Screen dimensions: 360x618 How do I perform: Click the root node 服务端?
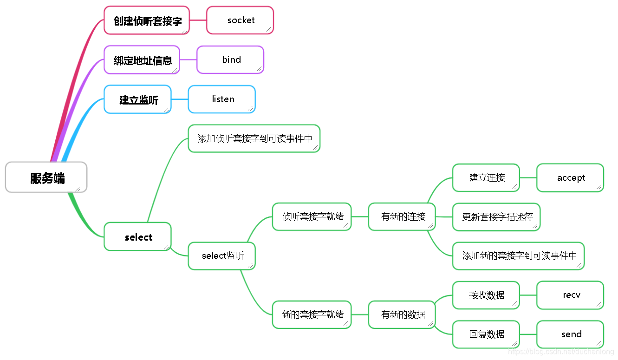pos(46,177)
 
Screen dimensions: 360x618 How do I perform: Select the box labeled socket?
pos(240,20)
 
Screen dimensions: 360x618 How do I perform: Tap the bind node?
pos(230,60)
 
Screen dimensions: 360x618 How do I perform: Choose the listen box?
pos(222,99)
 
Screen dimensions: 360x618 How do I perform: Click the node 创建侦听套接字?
pos(147,20)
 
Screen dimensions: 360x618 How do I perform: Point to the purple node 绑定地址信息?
pos(142,60)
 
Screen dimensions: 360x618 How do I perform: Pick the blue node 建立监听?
pos(138,99)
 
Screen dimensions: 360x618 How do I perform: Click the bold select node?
pos(138,237)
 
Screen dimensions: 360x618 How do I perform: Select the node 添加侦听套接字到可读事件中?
pos(254,138)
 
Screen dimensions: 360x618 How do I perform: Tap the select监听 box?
pos(222,256)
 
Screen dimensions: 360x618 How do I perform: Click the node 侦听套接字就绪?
pos(312,216)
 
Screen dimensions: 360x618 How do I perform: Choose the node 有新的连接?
pos(402,216)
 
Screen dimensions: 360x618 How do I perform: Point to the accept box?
pos(570,178)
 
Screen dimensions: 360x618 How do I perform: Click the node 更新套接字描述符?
pos(496,217)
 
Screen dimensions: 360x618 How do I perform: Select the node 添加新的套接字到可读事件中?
pos(518,256)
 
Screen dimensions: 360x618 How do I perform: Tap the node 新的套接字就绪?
pos(312,314)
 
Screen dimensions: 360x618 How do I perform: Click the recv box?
pos(570,295)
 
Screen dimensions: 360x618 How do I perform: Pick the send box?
pos(570,334)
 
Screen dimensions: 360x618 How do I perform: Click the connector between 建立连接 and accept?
pos(528,178)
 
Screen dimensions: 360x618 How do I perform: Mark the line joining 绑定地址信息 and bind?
pos(188,60)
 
